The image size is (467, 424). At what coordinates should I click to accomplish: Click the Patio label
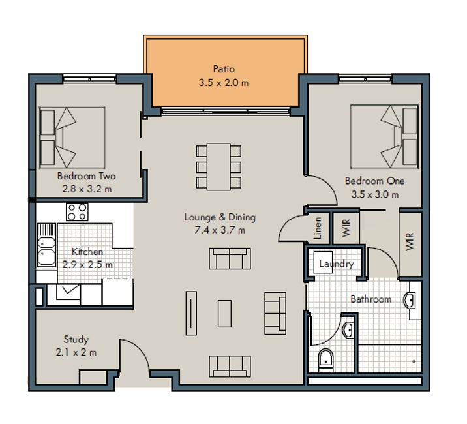point(224,69)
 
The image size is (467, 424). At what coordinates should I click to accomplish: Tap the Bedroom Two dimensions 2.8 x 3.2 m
point(87,189)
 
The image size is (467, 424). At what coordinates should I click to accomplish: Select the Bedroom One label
point(374,181)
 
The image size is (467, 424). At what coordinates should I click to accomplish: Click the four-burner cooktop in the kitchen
point(77,212)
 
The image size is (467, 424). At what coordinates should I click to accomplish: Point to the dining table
point(218,166)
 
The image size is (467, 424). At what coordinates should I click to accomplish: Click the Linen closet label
point(318,228)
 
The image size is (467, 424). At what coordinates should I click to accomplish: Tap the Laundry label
point(337,264)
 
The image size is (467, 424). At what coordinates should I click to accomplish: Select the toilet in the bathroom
point(326,361)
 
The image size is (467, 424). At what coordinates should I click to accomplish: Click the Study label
point(76,339)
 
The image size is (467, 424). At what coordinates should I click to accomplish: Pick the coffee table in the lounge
point(224,314)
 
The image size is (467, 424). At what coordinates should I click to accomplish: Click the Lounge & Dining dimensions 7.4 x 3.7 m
point(220,230)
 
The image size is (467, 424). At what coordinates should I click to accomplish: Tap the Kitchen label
point(87,252)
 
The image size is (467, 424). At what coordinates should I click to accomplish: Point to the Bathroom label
point(371,299)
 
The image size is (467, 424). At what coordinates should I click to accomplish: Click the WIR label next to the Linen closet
point(346,228)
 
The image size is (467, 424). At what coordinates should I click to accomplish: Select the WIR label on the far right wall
point(410,241)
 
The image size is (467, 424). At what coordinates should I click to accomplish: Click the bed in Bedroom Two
point(72,138)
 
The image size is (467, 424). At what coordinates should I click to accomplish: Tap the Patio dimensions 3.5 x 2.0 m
point(224,83)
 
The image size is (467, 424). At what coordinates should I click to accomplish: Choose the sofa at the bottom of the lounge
point(230,366)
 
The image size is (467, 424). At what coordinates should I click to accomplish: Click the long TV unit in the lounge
point(191,313)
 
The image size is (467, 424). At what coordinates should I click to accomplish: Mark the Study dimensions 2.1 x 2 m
point(76,352)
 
